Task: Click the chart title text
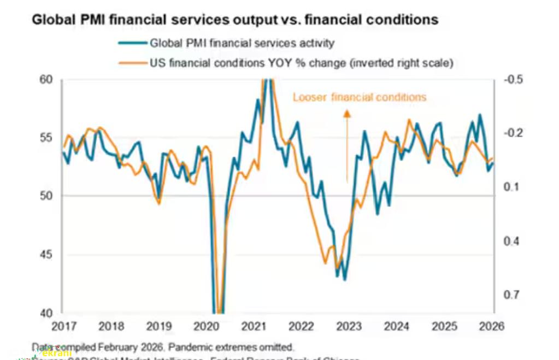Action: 235,20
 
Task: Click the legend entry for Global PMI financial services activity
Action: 242,43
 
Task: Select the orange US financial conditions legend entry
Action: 302,63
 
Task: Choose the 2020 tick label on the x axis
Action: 206,327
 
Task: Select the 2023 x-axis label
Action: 349,327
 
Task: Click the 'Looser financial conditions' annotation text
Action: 359,98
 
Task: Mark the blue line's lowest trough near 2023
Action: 344,280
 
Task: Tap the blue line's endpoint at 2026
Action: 493,163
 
